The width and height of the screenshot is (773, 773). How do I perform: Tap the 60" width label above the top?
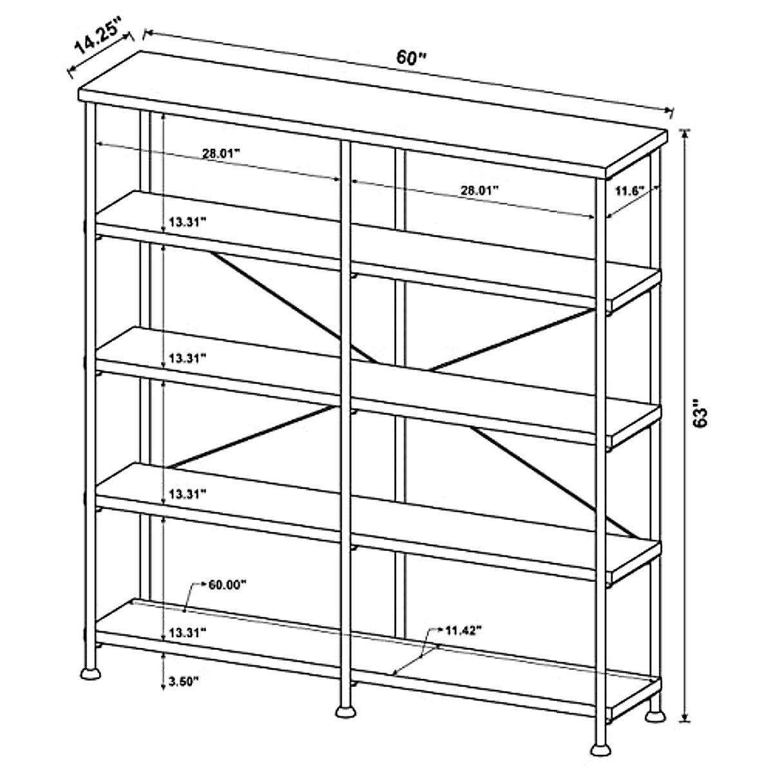point(411,57)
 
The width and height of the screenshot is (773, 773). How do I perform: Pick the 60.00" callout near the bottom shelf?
point(227,585)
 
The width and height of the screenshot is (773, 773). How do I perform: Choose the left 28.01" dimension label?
point(221,153)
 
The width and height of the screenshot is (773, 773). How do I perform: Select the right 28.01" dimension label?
point(479,190)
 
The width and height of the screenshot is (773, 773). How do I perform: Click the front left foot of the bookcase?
point(91,674)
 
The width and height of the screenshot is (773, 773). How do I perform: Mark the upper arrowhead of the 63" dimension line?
point(685,134)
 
